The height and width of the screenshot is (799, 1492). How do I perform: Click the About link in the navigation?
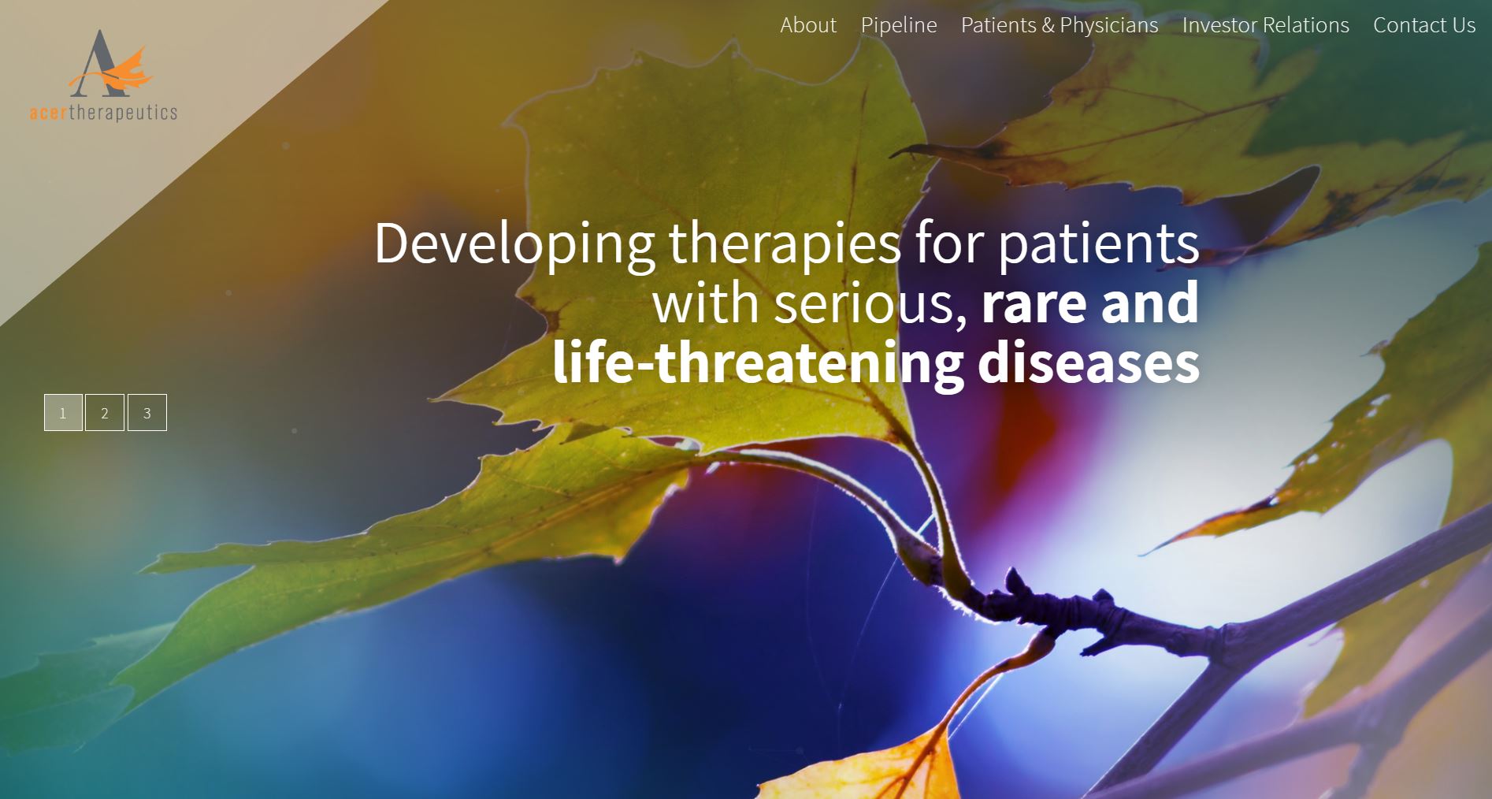(x=808, y=25)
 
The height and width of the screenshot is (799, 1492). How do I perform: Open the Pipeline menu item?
(x=899, y=25)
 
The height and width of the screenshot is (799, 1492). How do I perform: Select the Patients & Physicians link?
(x=1060, y=25)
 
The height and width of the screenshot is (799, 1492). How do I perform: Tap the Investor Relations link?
(x=1266, y=25)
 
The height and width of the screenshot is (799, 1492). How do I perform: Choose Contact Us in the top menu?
(x=1424, y=25)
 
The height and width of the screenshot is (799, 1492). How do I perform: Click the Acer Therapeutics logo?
(x=103, y=76)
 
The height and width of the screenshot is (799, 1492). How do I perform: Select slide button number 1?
(x=63, y=412)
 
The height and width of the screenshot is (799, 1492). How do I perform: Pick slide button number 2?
(x=105, y=412)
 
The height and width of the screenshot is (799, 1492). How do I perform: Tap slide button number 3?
(x=147, y=412)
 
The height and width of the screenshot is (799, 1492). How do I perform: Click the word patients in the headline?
(x=1099, y=243)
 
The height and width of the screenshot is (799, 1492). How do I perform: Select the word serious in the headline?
(x=870, y=303)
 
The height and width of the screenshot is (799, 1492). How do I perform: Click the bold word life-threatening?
(x=758, y=363)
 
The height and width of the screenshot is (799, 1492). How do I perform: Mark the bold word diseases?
(x=1089, y=363)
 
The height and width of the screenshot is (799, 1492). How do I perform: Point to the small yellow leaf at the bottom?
(x=874, y=768)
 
